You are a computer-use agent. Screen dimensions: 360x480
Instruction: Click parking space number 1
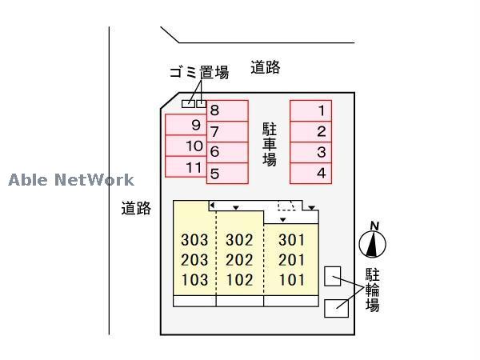311,110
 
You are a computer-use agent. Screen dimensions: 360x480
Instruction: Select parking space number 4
311,173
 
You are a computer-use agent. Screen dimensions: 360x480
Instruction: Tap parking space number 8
227,110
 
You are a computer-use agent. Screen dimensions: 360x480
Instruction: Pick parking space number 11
186,167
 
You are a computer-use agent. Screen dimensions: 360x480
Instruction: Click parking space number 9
186,125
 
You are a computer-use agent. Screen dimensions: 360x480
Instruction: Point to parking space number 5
227,172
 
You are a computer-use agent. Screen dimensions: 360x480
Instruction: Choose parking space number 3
311,152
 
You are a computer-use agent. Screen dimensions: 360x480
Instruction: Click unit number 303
194,240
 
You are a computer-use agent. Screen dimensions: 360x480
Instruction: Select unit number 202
239,260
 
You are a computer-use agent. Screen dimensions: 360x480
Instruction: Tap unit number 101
291,280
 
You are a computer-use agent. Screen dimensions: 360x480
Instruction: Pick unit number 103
194,280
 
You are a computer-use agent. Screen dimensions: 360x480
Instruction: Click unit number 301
291,240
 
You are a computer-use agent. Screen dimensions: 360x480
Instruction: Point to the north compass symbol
373,242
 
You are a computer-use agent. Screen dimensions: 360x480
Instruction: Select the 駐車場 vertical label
270,144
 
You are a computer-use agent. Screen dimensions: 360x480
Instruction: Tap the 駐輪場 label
373,289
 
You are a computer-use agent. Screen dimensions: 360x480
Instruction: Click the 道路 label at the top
265,68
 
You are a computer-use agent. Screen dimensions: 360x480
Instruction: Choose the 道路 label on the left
136,209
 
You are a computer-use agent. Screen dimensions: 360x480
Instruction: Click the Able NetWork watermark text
71,180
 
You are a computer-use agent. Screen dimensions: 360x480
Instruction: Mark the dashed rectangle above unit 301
286,206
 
